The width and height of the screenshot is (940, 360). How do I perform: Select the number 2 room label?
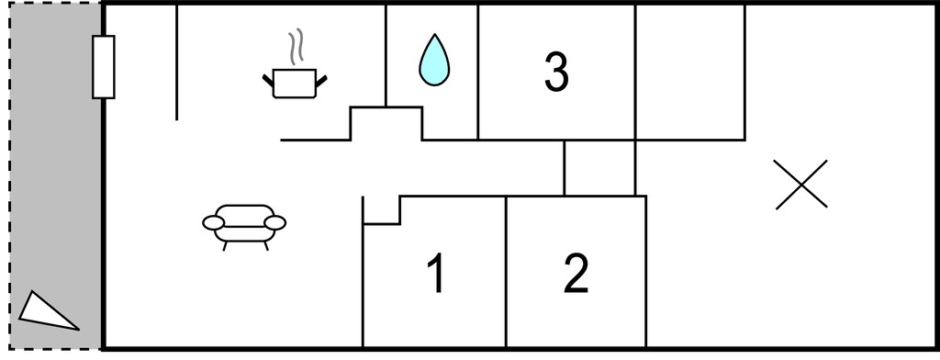pyautogui.click(x=576, y=273)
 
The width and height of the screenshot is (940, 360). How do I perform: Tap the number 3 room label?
pyautogui.click(x=556, y=72)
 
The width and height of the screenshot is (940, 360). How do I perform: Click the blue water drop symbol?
pyautogui.click(x=434, y=60)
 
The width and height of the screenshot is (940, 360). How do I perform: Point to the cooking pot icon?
pyautogui.click(x=295, y=83)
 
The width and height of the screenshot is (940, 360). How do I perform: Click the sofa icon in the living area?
pyautogui.click(x=244, y=227)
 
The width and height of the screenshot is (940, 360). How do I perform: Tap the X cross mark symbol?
pyautogui.click(x=800, y=185)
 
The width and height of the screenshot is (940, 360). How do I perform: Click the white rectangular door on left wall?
pyautogui.click(x=103, y=67)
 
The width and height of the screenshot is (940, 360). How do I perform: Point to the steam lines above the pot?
pyautogui.click(x=295, y=47)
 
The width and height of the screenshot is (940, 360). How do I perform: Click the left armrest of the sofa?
pyautogui.click(x=213, y=223)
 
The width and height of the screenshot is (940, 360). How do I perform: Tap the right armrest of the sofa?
pyautogui.click(x=275, y=223)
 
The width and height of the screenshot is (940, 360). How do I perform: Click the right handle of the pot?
pyautogui.click(x=321, y=81)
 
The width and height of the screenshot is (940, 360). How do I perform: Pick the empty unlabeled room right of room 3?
pyautogui.click(x=690, y=72)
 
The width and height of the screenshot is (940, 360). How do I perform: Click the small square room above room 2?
pyautogui.click(x=599, y=168)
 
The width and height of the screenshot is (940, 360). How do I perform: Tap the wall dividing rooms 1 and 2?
pyautogui.click(x=506, y=271)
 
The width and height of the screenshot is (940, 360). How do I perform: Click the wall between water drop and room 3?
pyautogui.click(x=477, y=72)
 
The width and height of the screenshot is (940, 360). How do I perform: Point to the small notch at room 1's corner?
pyautogui.click(x=381, y=210)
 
